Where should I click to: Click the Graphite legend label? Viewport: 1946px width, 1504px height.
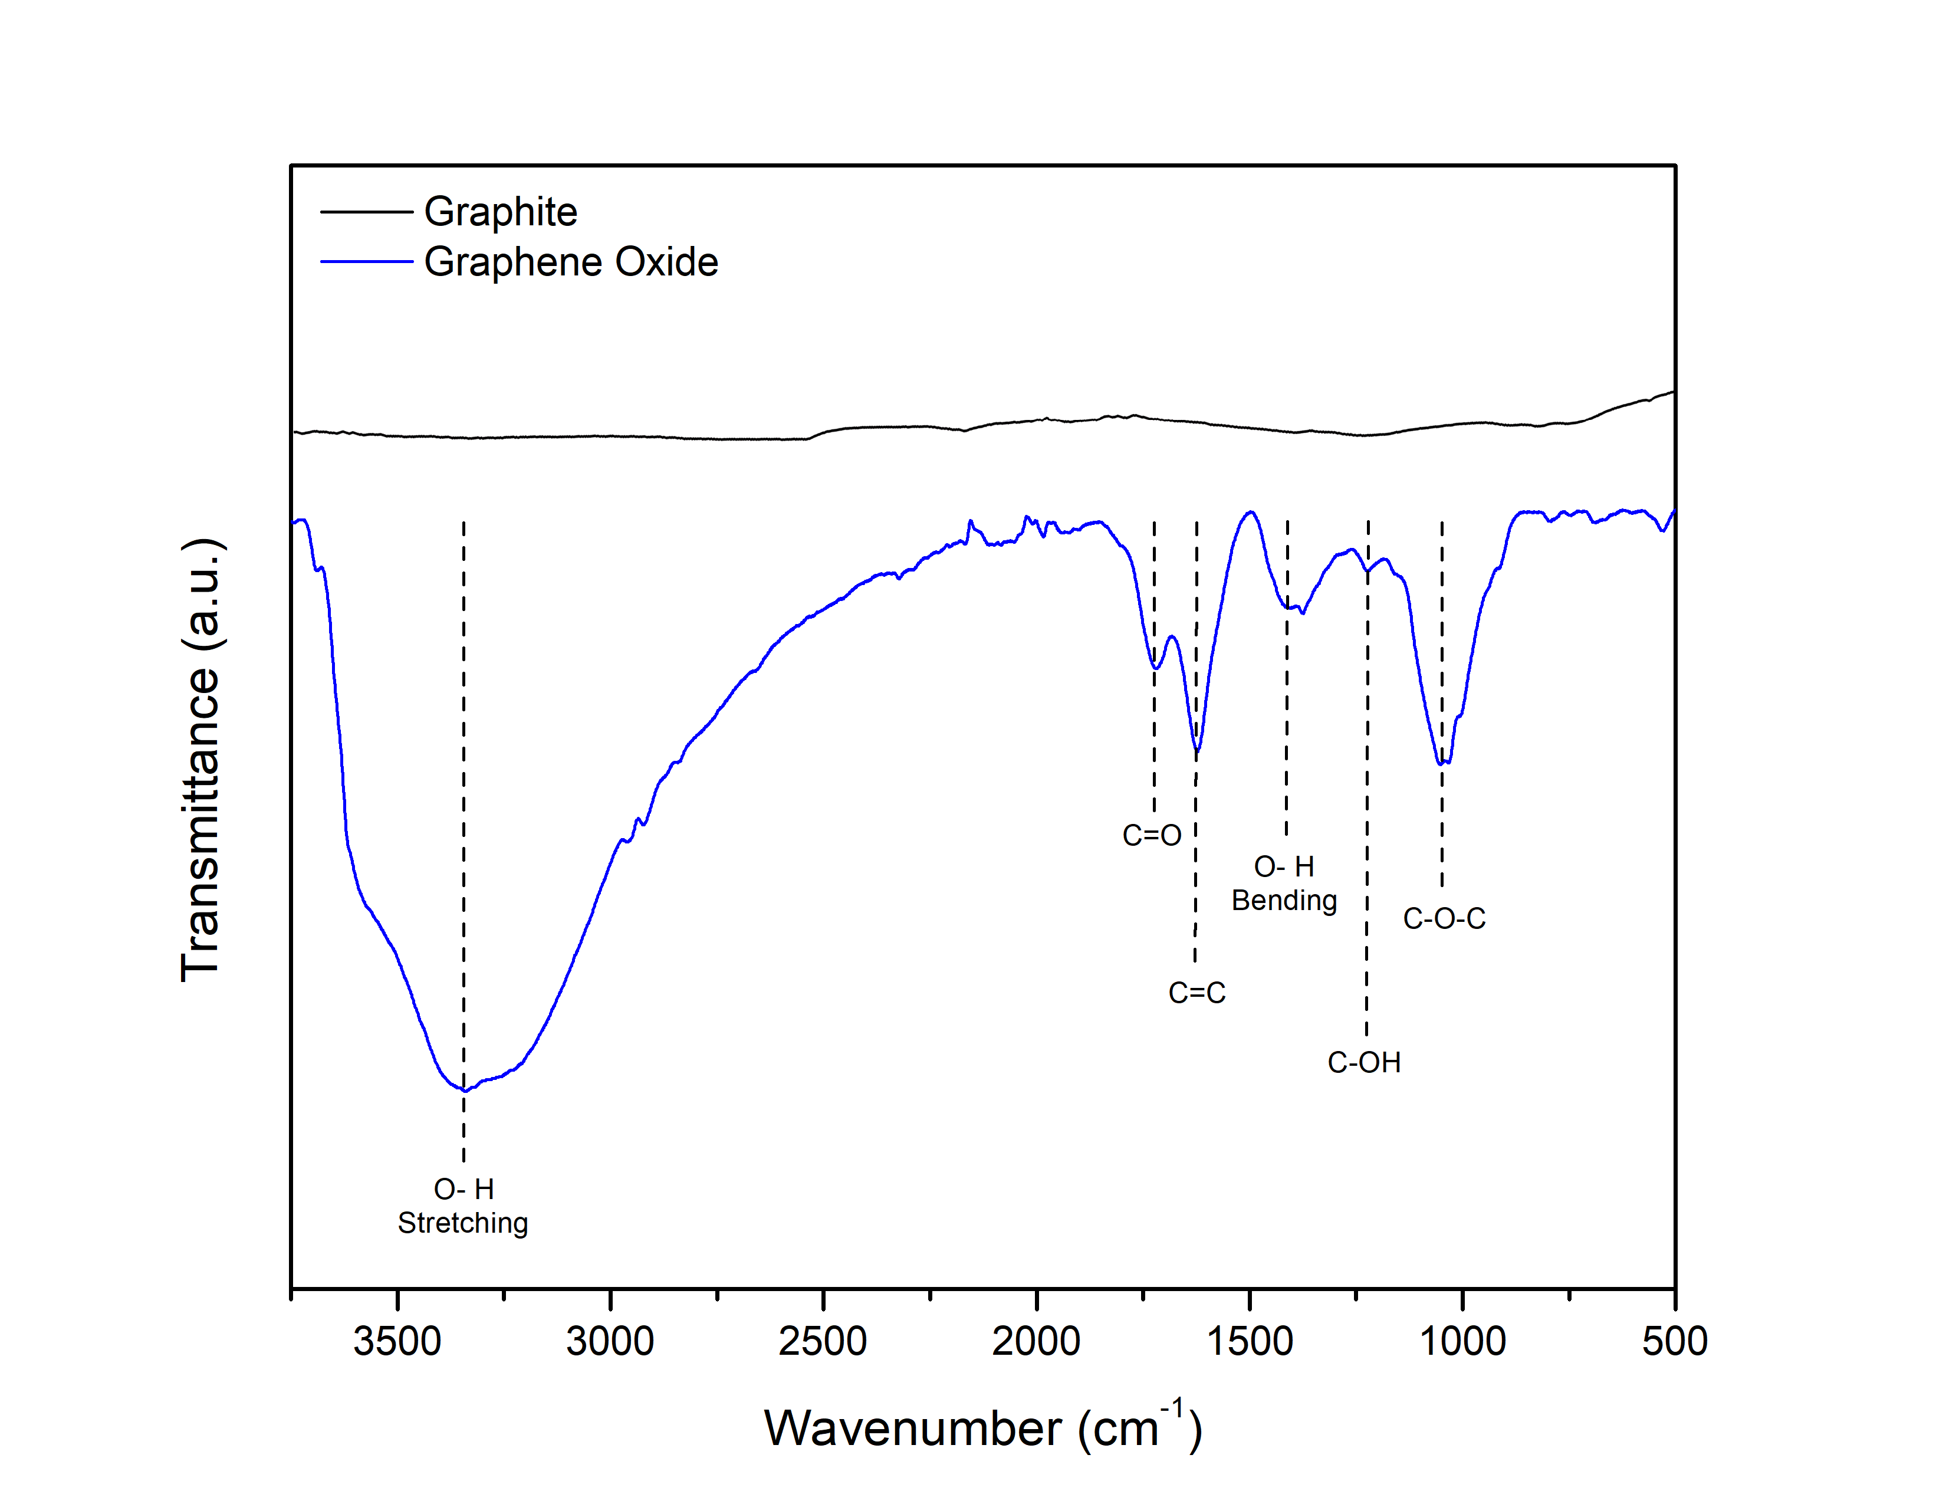tap(500, 212)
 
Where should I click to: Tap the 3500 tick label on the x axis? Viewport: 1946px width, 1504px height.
tap(397, 1341)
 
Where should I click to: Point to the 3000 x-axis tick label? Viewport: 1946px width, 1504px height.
tap(610, 1341)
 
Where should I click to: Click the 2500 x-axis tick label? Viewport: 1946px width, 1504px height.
tap(823, 1341)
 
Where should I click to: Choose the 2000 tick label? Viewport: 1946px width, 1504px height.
tap(1036, 1341)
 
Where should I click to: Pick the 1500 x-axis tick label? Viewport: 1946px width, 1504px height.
tap(1249, 1341)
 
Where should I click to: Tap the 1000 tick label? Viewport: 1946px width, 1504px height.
tap(1462, 1341)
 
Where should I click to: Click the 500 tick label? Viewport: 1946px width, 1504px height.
tap(1674, 1341)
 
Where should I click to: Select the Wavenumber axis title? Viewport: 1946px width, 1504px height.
tap(983, 1429)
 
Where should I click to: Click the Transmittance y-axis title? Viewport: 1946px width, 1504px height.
tap(200, 759)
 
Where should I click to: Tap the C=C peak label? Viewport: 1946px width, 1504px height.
tap(1196, 993)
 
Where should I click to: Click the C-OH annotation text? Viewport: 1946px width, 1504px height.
tap(1363, 1062)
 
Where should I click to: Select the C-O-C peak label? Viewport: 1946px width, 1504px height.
tap(1444, 918)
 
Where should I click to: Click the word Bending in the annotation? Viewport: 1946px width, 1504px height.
tap(1284, 901)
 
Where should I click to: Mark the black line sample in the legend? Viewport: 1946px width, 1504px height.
tap(366, 212)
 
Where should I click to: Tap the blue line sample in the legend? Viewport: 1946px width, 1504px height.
tap(366, 262)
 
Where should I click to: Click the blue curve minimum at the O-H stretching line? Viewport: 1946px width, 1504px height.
tap(464, 1091)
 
